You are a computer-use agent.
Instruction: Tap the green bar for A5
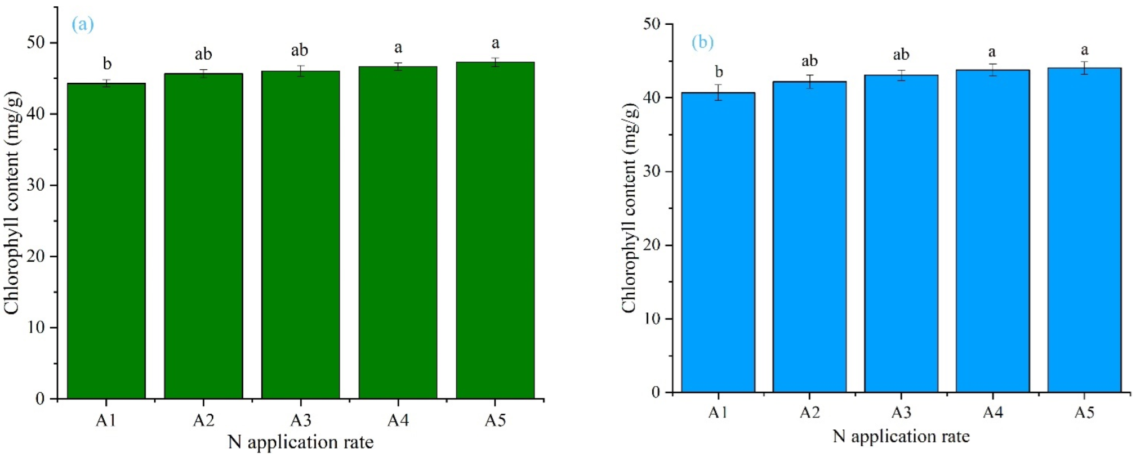(x=495, y=230)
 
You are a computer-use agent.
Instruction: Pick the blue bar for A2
(x=809, y=236)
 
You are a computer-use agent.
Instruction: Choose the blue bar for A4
(x=992, y=231)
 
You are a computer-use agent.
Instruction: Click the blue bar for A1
(x=718, y=242)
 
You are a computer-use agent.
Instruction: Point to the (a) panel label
(x=82, y=24)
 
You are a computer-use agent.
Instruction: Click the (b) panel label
(x=702, y=42)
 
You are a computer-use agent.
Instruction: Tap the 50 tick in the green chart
(x=37, y=43)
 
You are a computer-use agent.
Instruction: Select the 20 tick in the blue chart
(x=653, y=245)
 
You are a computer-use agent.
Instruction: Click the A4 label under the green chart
(x=398, y=420)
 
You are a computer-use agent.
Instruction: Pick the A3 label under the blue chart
(x=901, y=413)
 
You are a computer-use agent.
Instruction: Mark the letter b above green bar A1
(x=107, y=64)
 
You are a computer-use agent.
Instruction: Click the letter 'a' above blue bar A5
(x=1084, y=50)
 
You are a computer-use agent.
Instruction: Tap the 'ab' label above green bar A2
(x=203, y=54)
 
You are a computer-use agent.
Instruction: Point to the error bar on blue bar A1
(x=718, y=92)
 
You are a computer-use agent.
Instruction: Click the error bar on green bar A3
(x=301, y=71)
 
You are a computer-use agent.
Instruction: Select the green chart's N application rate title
(x=301, y=442)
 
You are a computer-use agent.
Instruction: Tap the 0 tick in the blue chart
(x=656, y=392)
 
